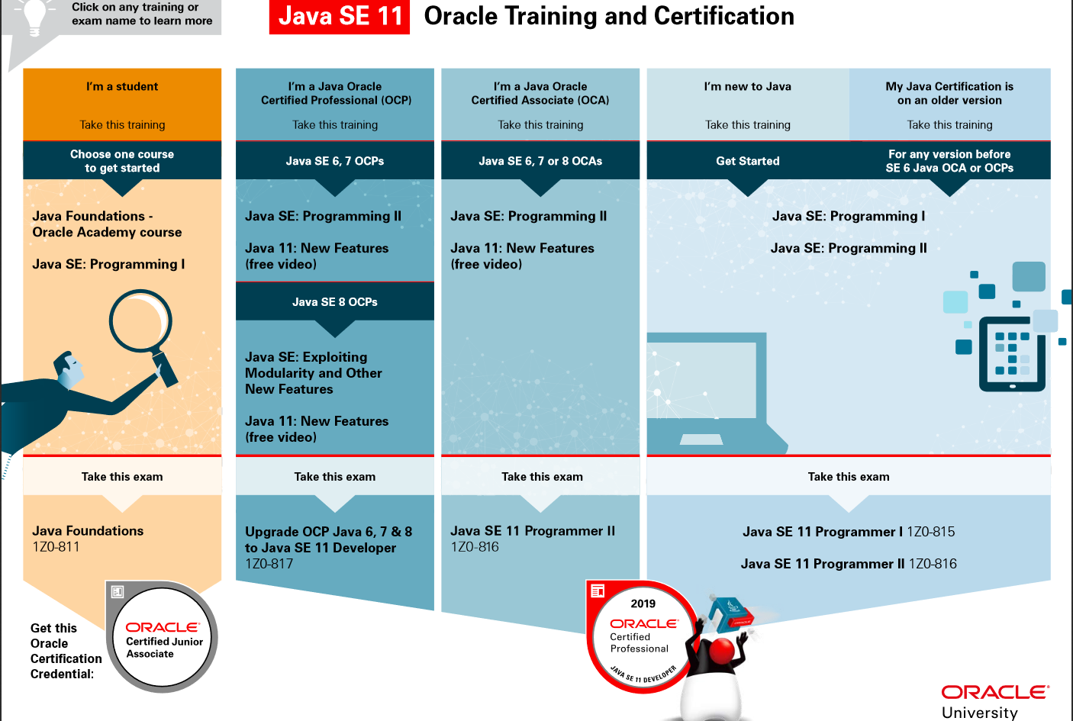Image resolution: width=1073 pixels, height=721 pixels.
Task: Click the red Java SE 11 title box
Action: (339, 17)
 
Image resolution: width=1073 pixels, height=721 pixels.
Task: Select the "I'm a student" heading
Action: (122, 87)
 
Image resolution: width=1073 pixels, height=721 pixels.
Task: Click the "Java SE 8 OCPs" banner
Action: (335, 301)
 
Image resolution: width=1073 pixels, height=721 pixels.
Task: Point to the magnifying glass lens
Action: (141, 320)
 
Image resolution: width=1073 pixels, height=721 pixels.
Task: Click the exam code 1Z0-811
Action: (56, 547)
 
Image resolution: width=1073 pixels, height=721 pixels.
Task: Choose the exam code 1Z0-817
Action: (269, 564)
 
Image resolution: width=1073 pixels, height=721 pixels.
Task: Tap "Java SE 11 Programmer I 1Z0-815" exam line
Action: (849, 532)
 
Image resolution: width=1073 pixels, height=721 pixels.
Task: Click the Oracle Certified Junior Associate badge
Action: (162, 637)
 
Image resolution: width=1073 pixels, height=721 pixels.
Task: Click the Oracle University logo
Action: (995, 701)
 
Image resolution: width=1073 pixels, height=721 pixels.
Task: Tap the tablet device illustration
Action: (1012, 354)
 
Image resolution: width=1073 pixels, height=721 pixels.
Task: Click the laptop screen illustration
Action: (702, 380)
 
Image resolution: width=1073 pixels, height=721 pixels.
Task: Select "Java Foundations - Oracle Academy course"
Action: (107, 224)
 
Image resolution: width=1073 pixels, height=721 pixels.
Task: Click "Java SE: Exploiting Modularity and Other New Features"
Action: (314, 373)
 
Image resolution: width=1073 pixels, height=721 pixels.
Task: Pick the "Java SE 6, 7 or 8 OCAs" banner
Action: (540, 161)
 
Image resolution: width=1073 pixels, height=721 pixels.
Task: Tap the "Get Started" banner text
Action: (748, 161)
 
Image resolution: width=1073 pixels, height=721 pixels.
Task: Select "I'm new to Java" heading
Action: (748, 87)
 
